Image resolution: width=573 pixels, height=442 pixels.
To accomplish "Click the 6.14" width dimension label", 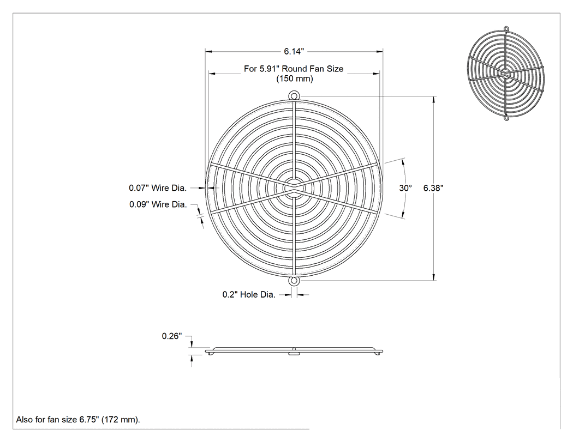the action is pos(294,51).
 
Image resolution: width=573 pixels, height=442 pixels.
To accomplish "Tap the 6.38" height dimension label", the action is pos(433,188).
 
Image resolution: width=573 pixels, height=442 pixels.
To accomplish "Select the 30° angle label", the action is pos(405,188).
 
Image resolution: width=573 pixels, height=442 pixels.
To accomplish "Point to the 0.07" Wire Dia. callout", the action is pos(158,188).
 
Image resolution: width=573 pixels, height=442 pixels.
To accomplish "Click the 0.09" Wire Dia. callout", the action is pos(158,204).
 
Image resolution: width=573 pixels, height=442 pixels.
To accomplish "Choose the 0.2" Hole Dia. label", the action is pos(249,294).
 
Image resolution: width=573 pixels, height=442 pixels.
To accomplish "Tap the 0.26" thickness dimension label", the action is pos(172,336).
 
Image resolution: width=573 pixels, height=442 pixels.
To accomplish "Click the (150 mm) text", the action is pos(295,79).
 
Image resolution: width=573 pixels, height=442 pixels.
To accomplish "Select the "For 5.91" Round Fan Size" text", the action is pos(294,69).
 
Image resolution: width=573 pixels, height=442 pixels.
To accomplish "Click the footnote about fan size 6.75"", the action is pos(78,420).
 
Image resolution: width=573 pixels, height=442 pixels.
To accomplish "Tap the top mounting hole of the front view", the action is pos(294,96).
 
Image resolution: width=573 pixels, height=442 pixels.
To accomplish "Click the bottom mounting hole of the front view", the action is pos(294,281).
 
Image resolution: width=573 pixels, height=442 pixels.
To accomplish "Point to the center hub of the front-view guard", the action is pos(294,189).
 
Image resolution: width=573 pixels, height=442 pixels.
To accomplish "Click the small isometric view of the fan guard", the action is pos(506,73).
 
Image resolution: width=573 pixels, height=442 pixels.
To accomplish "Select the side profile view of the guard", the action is pos(294,351).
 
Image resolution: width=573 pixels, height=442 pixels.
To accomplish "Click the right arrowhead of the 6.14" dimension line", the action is pos(379,51).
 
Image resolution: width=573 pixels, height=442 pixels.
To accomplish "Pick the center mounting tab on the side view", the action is pos(294,353).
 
